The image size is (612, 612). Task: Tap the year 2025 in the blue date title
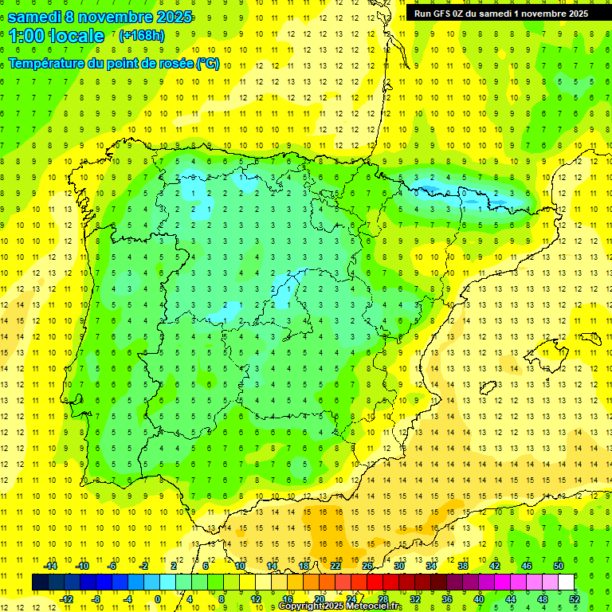pos(169,17)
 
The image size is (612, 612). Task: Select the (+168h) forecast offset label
pos(141,36)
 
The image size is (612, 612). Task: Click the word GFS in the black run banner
pos(440,14)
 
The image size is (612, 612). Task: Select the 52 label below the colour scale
pos(575,599)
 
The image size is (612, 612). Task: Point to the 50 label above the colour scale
pos(559,566)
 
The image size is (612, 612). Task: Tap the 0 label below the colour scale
pos(159,599)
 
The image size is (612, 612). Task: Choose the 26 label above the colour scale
pos(367,566)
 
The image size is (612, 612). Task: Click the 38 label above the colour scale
pos(463,566)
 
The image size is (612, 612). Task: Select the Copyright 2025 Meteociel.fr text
pos(339,606)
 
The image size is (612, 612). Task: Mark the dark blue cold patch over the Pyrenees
pos(430,190)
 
